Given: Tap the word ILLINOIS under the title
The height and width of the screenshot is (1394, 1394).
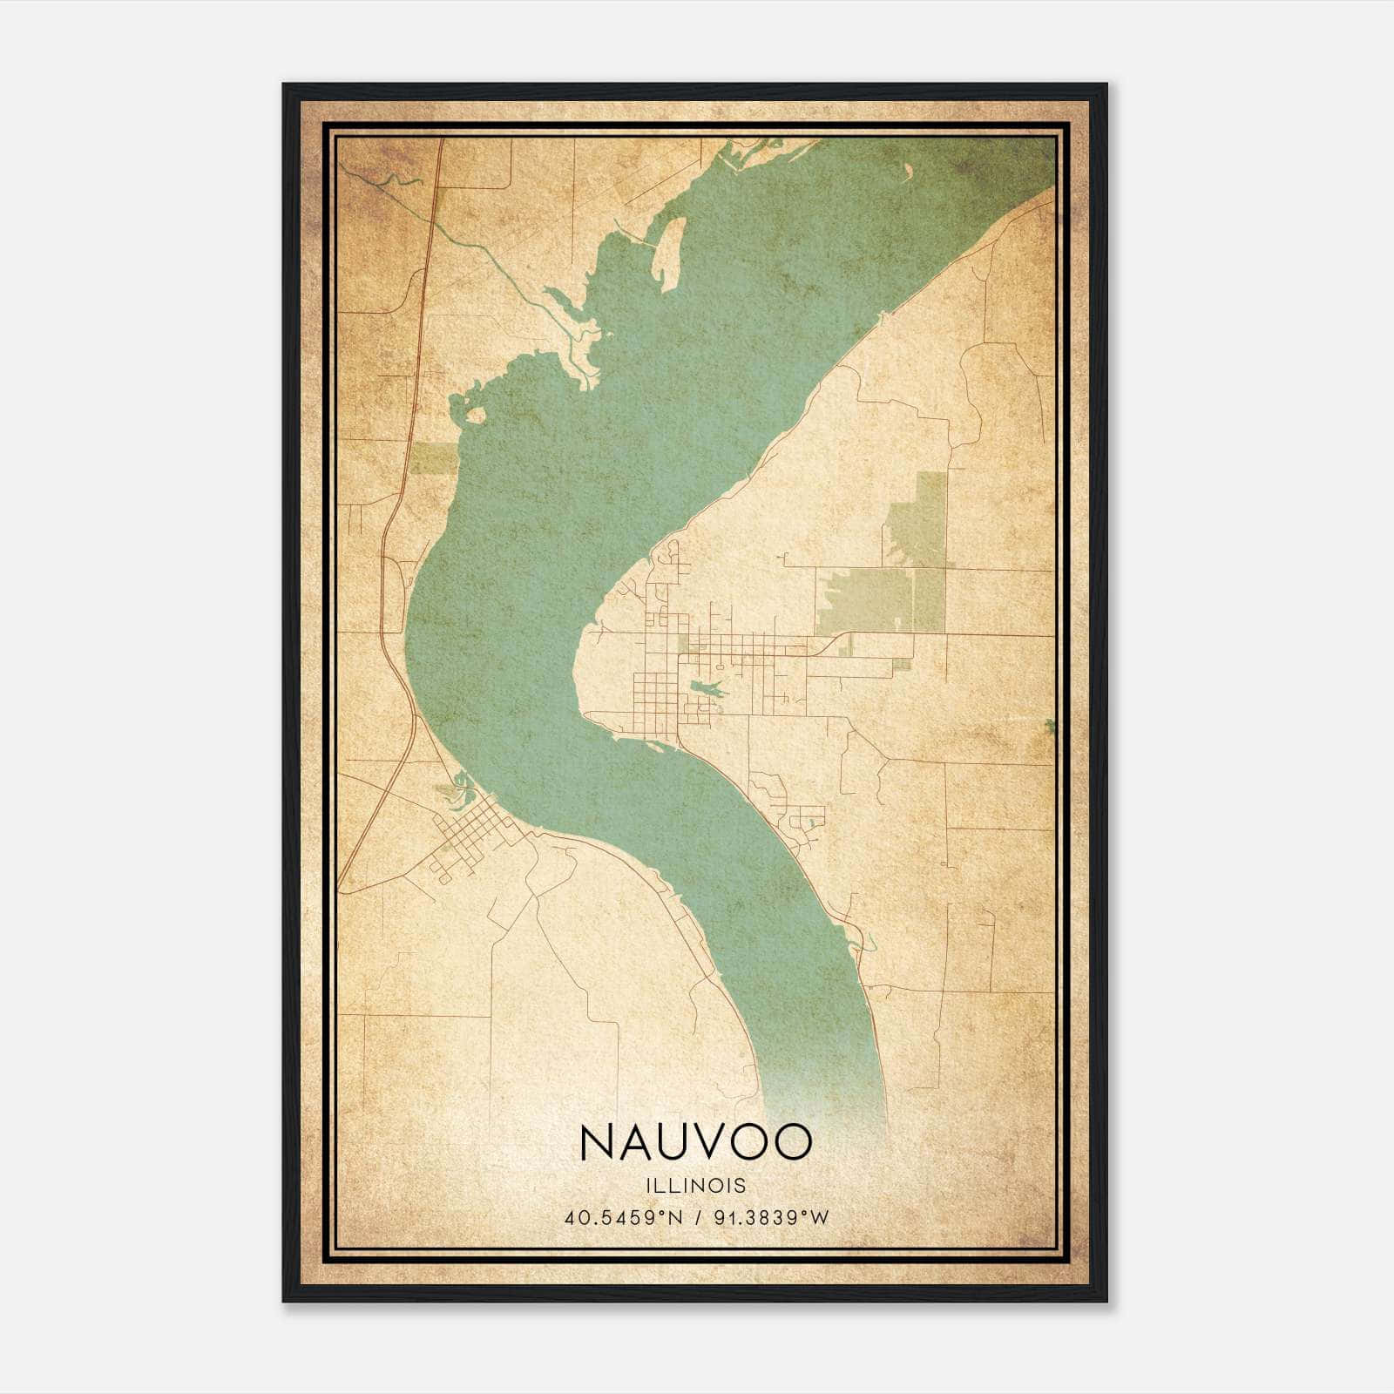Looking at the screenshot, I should tap(695, 1186).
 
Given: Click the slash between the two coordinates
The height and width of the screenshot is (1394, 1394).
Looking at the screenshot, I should tap(695, 1218).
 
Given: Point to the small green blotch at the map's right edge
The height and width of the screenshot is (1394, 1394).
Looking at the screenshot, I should tap(1052, 725).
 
